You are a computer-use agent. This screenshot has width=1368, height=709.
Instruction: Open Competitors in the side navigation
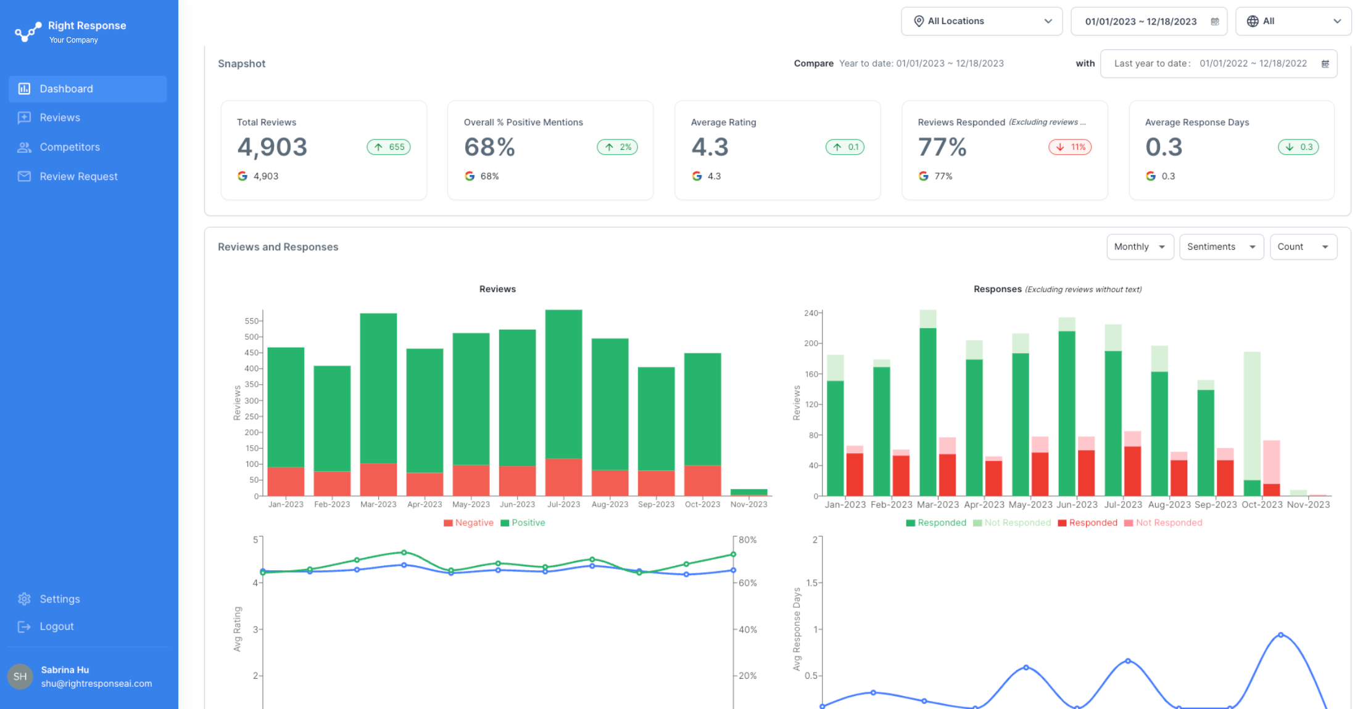(x=69, y=147)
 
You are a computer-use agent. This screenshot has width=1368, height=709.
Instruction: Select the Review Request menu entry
(x=78, y=176)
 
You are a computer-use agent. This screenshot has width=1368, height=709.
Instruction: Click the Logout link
(x=56, y=626)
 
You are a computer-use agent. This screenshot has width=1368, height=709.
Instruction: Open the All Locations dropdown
(x=981, y=21)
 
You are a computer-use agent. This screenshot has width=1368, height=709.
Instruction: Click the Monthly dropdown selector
(x=1139, y=247)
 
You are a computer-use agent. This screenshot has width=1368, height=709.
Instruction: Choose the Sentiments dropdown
(x=1221, y=247)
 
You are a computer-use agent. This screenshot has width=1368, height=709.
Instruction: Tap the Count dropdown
(x=1303, y=247)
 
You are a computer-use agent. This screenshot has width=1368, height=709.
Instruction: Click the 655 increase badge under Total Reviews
(x=389, y=147)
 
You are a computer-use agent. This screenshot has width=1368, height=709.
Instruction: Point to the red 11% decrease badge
(x=1070, y=147)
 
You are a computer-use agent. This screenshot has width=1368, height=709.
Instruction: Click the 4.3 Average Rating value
(x=710, y=147)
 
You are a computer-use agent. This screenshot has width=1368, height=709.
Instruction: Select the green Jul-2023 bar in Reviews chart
(x=563, y=382)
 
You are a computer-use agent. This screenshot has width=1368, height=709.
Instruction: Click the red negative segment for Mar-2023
(x=378, y=479)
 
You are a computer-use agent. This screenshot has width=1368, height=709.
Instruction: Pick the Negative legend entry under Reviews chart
(x=468, y=523)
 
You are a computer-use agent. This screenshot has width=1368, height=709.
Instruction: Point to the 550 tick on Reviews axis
(x=251, y=321)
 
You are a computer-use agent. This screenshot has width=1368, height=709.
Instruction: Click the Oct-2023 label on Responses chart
(x=1261, y=504)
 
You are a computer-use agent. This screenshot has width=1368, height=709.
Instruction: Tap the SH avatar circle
(x=20, y=676)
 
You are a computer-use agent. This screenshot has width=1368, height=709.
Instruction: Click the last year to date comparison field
(x=1218, y=64)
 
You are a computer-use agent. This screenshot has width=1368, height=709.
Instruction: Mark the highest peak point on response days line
(x=1281, y=634)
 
